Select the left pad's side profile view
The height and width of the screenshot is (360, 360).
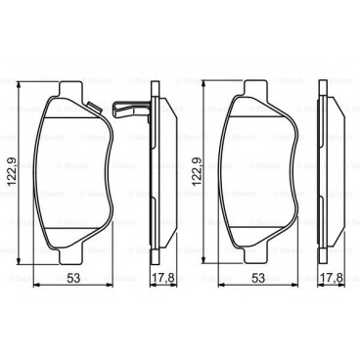point(157,176)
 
